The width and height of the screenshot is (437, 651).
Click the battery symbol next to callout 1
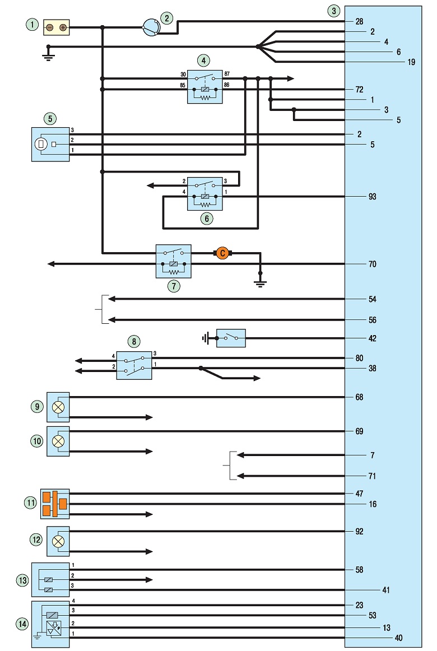[x=57, y=27]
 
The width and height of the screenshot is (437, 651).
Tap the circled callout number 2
[x=166, y=18]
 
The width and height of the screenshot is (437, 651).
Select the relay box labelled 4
[x=204, y=86]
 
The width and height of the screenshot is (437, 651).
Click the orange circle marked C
[x=222, y=253]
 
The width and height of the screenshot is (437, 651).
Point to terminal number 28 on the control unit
[x=359, y=21]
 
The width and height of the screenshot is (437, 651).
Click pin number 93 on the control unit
[x=372, y=197]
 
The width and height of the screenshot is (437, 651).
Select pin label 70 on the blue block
[x=372, y=264]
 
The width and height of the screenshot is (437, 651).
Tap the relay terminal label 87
[x=227, y=74]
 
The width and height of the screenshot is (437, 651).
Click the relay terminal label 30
[x=183, y=75]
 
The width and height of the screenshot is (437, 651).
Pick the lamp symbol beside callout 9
[x=58, y=407]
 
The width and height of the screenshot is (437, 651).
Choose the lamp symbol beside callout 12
[x=58, y=541]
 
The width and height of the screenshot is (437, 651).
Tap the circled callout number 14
[x=22, y=624]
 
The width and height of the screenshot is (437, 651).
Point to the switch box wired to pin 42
[x=231, y=338]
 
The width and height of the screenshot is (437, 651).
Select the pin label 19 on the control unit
[x=411, y=62]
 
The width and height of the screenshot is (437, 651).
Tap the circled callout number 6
[x=206, y=218]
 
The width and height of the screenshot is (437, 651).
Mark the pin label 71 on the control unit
[x=372, y=476]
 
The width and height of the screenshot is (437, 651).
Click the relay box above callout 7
[x=174, y=261]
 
